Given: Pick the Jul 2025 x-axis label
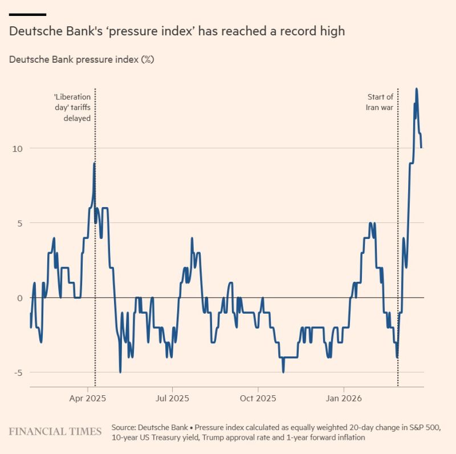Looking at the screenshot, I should [x=172, y=398].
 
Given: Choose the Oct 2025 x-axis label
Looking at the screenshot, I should [x=258, y=398].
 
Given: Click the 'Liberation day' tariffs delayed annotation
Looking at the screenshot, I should [x=72, y=107].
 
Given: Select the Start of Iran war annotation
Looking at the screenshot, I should [x=379, y=102].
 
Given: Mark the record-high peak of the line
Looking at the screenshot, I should [x=417, y=89].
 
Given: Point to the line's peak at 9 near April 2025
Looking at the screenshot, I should [x=94, y=164].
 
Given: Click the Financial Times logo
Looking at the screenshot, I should [x=55, y=431].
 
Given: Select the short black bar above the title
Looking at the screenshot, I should [x=27, y=14].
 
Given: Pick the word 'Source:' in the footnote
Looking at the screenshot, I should [x=124, y=427].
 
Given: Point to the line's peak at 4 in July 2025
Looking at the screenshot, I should [x=192, y=238].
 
